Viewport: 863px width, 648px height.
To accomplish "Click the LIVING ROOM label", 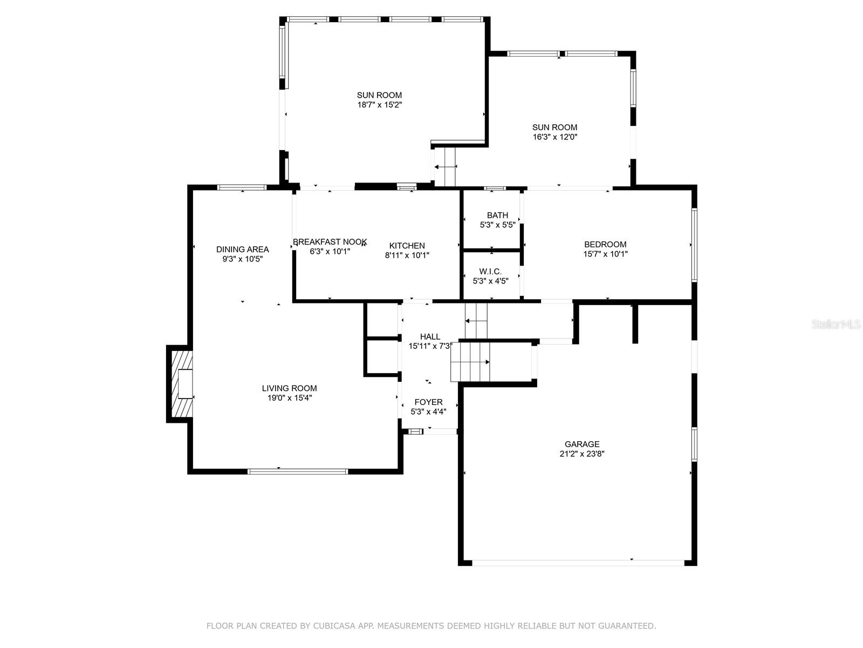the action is (x=289, y=388).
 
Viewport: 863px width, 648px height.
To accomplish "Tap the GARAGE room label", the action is (x=582, y=444).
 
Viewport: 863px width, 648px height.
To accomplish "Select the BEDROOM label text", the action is (x=605, y=244).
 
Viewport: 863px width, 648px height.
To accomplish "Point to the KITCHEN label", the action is (x=407, y=246).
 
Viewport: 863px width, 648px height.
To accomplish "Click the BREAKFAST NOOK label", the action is (x=330, y=241).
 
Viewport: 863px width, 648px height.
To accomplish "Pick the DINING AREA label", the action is (x=243, y=249).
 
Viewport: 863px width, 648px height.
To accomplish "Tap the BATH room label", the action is (x=497, y=215).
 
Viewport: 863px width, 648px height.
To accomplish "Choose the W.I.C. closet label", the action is (x=490, y=272).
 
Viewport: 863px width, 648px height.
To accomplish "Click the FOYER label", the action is (x=429, y=402).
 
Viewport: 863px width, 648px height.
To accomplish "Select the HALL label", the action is (x=430, y=337).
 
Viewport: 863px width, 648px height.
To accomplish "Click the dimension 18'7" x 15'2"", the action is (x=379, y=105).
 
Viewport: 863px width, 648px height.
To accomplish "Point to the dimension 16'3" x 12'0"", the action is (x=555, y=137).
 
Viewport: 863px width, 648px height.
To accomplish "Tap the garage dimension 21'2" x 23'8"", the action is (x=582, y=454).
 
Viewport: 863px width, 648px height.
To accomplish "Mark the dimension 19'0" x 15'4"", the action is (x=289, y=398).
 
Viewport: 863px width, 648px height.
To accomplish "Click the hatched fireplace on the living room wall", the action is (x=181, y=384).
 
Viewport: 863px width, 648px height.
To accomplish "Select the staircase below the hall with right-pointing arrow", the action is (x=470, y=362).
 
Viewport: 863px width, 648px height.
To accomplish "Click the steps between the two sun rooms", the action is (x=445, y=167).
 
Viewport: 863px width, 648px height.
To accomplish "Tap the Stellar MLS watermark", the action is (x=836, y=324).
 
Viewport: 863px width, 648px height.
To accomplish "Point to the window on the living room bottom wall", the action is (x=298, y=471).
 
